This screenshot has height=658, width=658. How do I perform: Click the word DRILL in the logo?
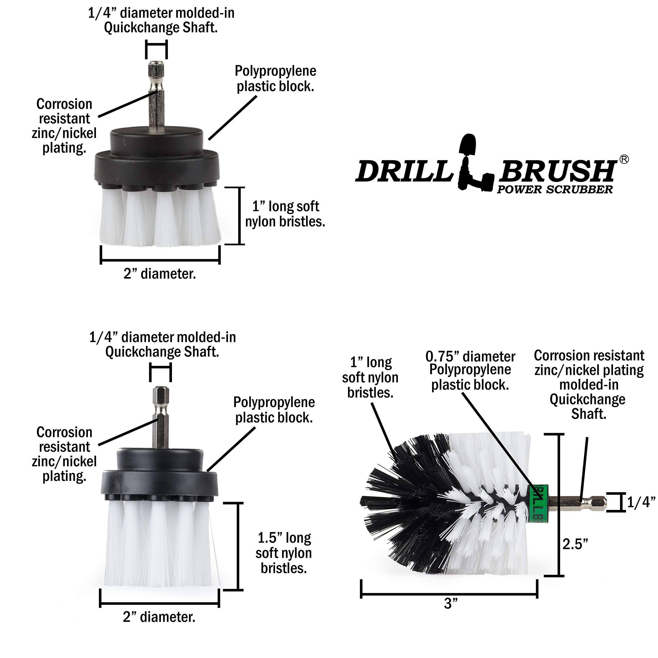coord(404,171)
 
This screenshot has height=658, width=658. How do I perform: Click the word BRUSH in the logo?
coord(556,171)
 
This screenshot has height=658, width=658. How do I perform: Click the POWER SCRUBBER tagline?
coord(554,190)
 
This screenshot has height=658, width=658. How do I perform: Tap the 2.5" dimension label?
coord(575,544)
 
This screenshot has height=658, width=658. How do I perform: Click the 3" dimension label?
coord(451,604)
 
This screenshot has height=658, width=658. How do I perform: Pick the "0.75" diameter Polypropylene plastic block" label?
coord(470,371)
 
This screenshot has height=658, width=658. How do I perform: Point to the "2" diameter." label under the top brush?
coord(160,274)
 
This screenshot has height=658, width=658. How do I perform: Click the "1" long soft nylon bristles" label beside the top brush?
coord(285,214)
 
